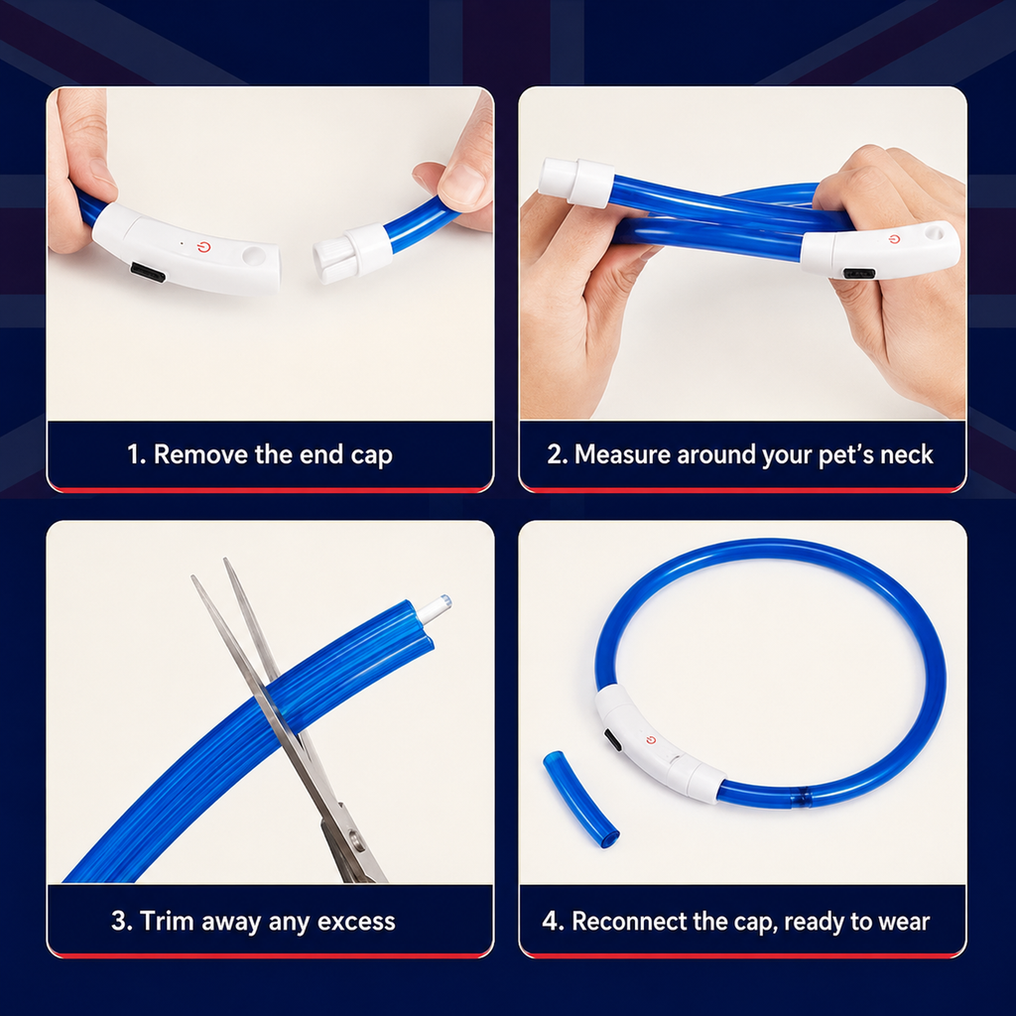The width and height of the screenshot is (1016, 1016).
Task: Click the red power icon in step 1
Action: pyautogui.click(x=204, y=247)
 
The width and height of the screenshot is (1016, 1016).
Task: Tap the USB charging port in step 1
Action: pyautogui.click(x=148, y=272)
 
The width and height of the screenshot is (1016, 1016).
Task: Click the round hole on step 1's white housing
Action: pyautogui.click(x=253, y=255)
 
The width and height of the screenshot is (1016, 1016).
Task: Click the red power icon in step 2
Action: pyautogui.click(x=895, y=239)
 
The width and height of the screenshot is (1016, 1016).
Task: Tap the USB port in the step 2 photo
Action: pyautogui.click(x=859, y=274)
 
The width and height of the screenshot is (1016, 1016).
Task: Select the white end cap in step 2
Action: pyautogui.click(x=576, y=183)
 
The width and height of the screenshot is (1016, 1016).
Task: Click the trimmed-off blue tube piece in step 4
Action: pyautogui.click(x=580, y=799)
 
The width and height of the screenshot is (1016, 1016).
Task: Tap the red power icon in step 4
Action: pyautogui.click(x=651, y=740)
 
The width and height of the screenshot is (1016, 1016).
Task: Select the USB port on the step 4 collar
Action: pyautogui.click(x=612, y=740)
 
